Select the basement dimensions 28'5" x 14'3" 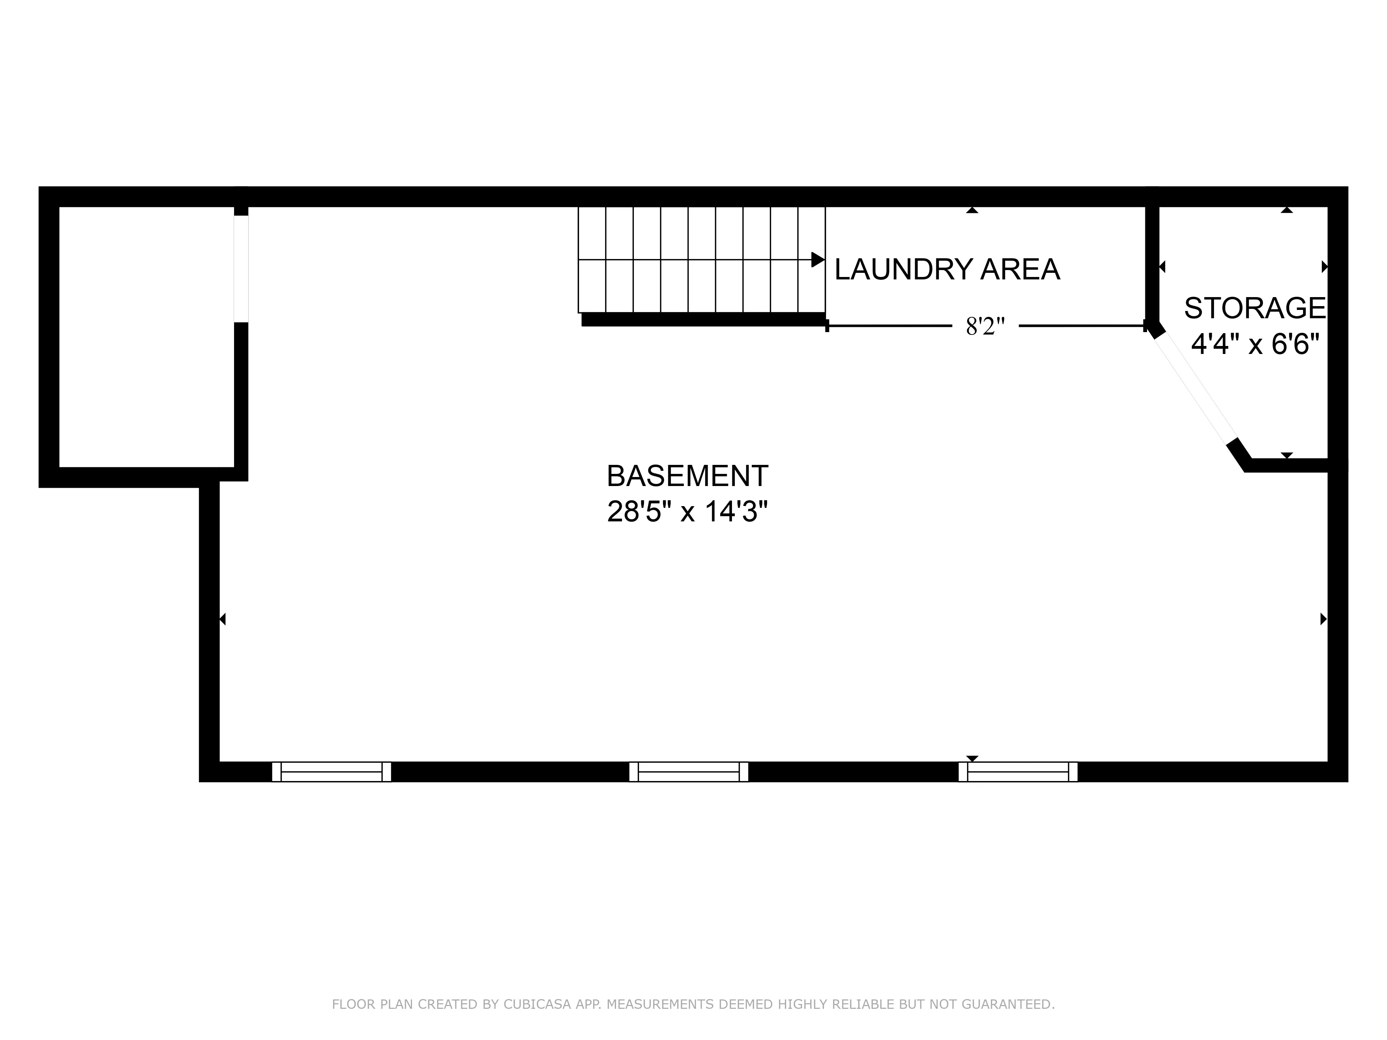pyautogui.click(x=687, y=512)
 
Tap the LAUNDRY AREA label pyautogui.click(x=947, y=270)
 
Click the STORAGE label pyautogui.click(x=1255, y=309)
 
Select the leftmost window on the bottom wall pyautogui.click(x=331, y=772)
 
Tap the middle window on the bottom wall pyautogui.click(x=689, y=772)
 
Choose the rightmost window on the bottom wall pyautogui.click(x=1018, y=772)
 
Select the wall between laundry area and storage pyautogui.click(x=1152, y=263)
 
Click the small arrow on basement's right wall pyautogui.click(x=1323, y=619)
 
